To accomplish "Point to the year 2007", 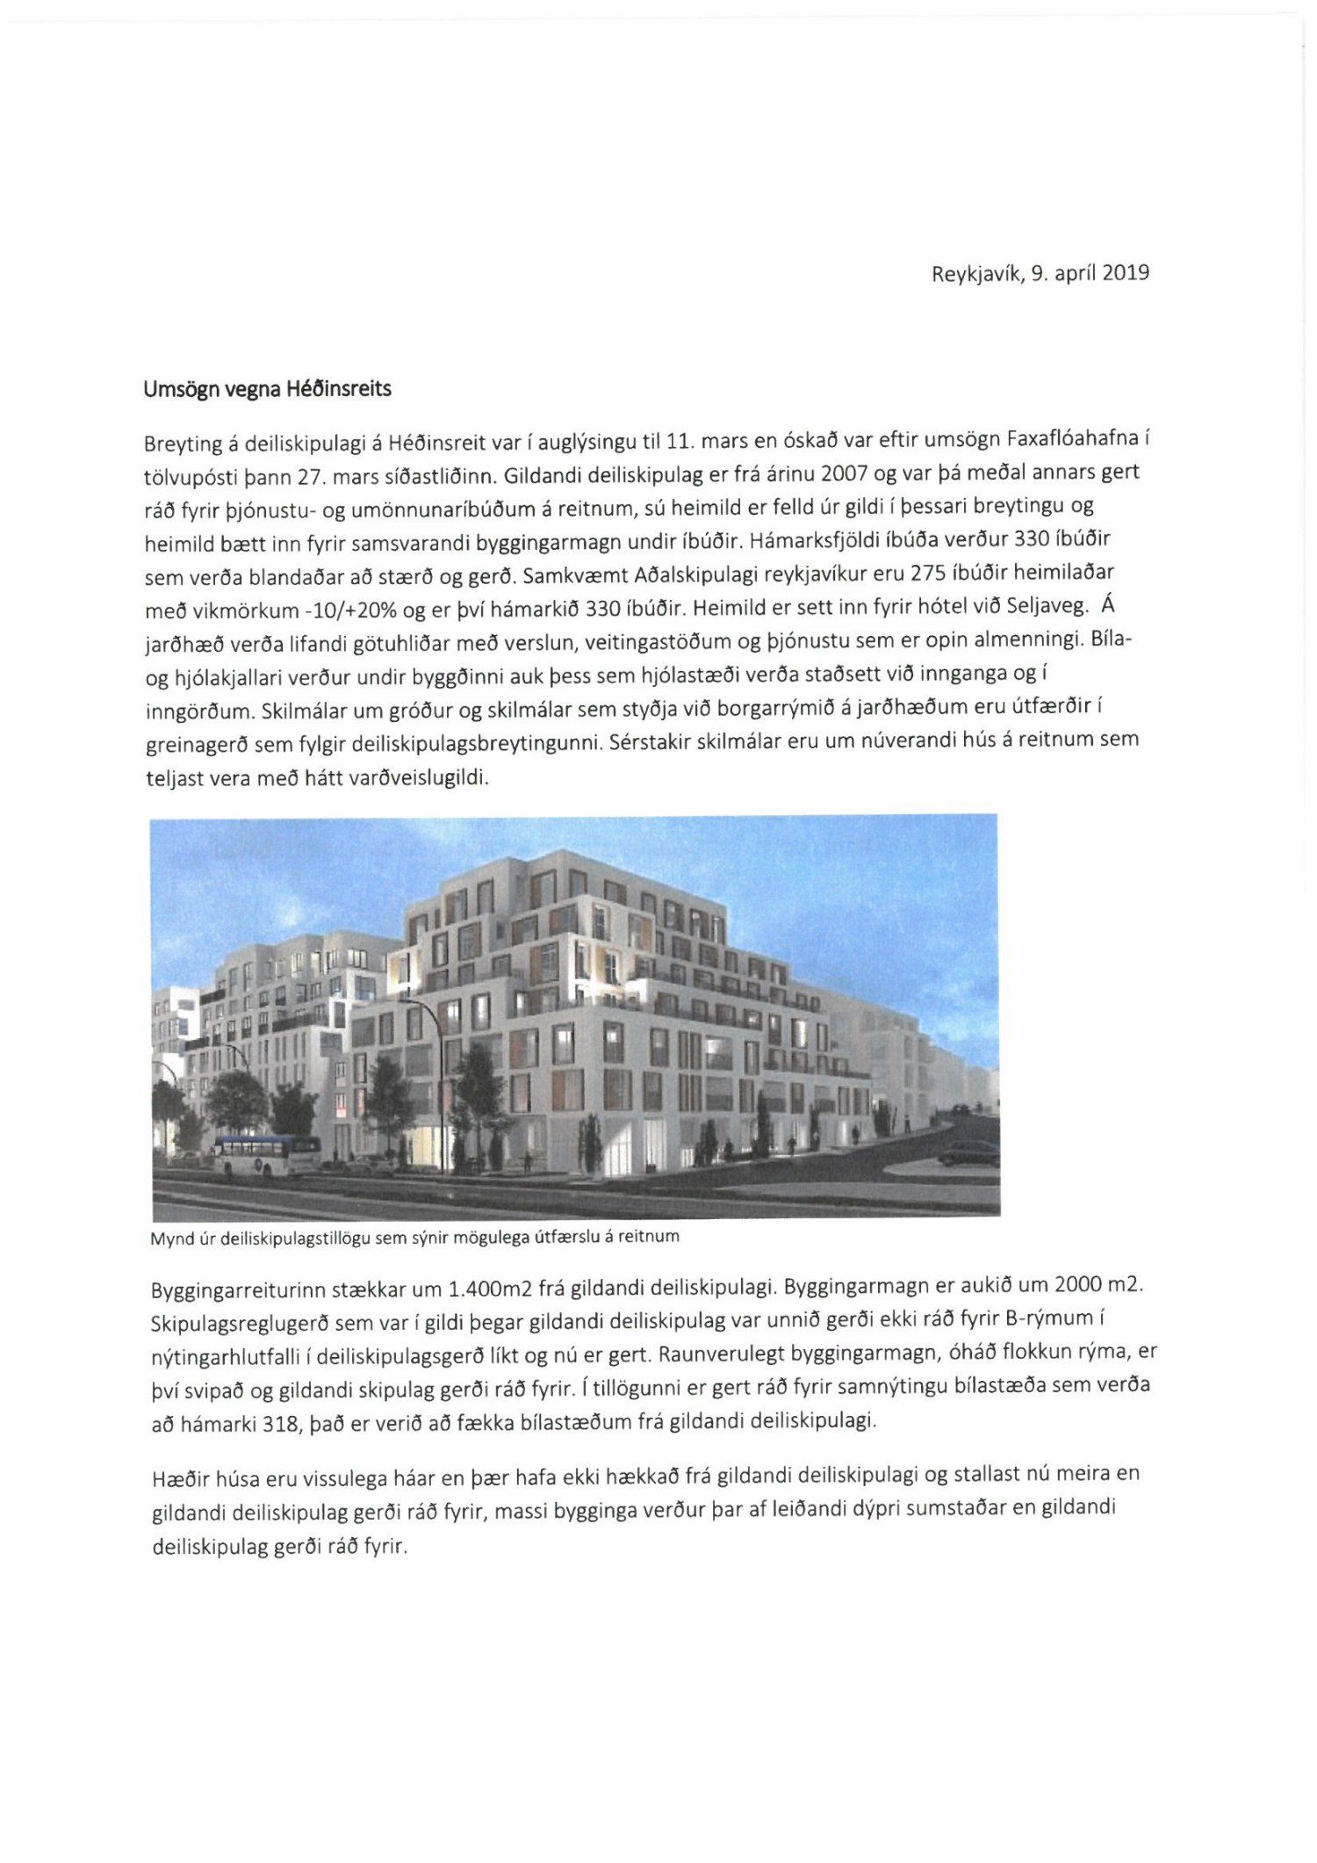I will click(844, 473).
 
